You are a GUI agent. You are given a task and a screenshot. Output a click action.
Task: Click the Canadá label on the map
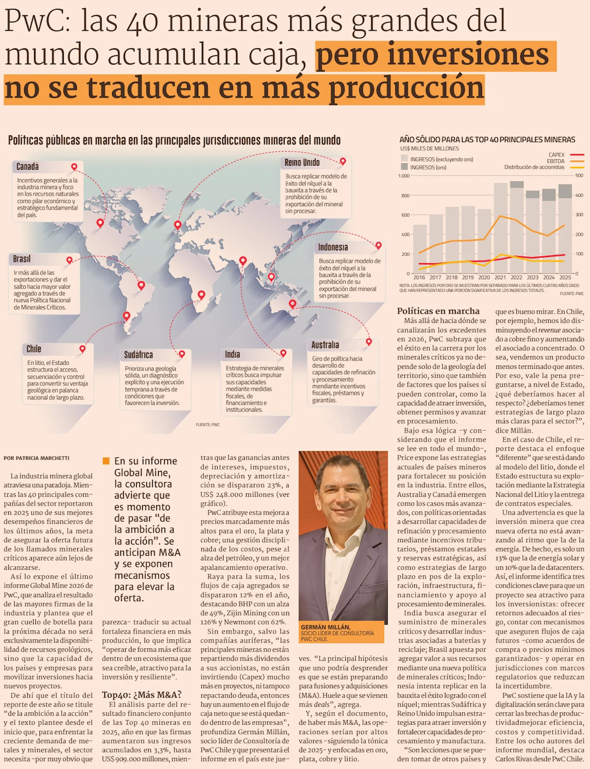pos(28,166)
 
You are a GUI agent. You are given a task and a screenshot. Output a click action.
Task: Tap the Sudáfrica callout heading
pos(138,355)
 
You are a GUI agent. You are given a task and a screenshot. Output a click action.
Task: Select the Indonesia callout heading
pos(333,247)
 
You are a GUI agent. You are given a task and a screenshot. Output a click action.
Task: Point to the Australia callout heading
pos(325,345)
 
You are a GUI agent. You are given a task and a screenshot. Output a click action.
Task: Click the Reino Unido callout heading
pos(302,163)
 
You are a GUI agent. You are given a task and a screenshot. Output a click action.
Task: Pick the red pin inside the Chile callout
pos(83,349)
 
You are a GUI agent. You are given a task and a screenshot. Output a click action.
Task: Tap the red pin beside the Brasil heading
pos(70,260)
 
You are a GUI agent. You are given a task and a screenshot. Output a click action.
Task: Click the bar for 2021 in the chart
pos(500,228)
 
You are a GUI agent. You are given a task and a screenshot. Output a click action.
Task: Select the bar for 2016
pos(419,249)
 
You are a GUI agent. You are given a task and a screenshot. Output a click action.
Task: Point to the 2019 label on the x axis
pos(468,278)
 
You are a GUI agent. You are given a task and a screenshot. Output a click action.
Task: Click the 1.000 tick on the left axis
pos(404,176)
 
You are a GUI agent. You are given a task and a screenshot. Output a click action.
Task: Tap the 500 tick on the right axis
pos(579,176)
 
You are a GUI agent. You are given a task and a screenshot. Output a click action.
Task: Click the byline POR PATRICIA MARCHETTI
pos(37,458)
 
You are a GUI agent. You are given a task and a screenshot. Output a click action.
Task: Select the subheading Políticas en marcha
pos(438,311)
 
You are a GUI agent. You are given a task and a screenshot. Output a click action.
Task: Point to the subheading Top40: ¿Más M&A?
pos(142,694)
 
